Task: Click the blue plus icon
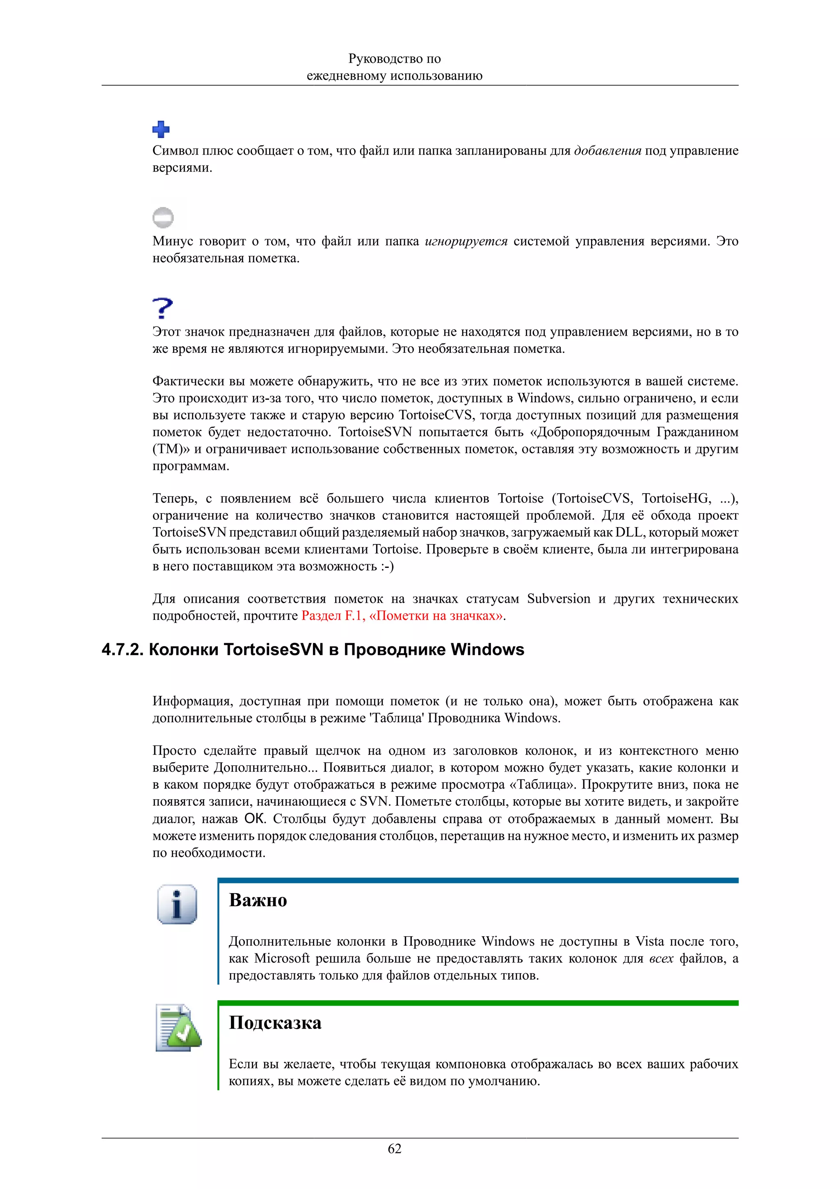coord(161,129)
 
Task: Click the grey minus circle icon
coord(163,217)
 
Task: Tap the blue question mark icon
coord(162,308)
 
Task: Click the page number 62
coord(395,1149)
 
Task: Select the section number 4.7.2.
coord(122,649)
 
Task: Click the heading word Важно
coord(258,900)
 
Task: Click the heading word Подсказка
coord(275,1023)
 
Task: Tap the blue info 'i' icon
coord(177,904)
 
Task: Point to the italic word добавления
coord(607,151)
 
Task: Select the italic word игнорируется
coord(466,241)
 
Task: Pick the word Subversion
coord(559,599)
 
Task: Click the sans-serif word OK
coord(254,819)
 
